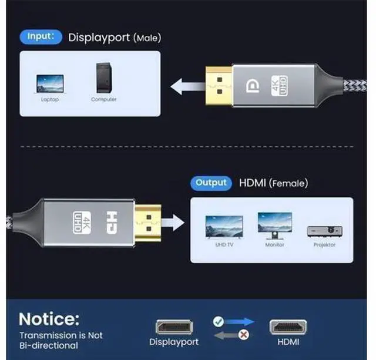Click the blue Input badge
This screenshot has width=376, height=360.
(41, 37)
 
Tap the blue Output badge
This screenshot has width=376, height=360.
(211, 183)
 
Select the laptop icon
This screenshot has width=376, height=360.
(50, 83)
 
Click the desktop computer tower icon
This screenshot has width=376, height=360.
(104, 78)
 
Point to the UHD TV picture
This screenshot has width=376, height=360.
(224, 227)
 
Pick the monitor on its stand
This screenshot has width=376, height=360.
(275, 226)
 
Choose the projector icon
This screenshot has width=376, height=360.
(325, 231)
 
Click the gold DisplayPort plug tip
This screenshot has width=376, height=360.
(219, 86)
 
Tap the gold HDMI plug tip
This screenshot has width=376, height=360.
(148, 223)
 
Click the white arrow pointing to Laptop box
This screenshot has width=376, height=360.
(188, 86)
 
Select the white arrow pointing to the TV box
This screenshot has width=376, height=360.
(173, 223)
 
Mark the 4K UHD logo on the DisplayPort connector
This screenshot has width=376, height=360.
(280, 86)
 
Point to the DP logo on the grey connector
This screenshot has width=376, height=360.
(253, 86)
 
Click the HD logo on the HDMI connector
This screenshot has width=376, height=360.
(112, 223)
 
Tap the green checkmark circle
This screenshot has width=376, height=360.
(218, 322)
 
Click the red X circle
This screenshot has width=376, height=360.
(244, 335)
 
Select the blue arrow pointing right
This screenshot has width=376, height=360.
(239, 322)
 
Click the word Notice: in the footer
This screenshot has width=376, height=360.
(49, 319)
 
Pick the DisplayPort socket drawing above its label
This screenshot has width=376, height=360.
(174, 327)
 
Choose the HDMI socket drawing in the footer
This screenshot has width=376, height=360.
(288, 327)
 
